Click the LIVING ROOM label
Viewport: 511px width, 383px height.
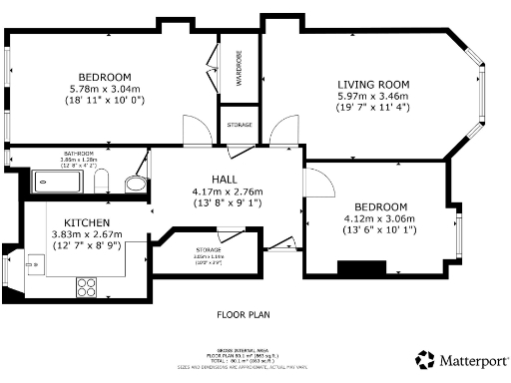373,84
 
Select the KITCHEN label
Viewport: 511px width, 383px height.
88,222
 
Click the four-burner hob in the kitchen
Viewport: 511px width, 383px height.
87,284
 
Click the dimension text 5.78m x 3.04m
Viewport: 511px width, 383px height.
105,89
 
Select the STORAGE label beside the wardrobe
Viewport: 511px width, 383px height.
240,125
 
